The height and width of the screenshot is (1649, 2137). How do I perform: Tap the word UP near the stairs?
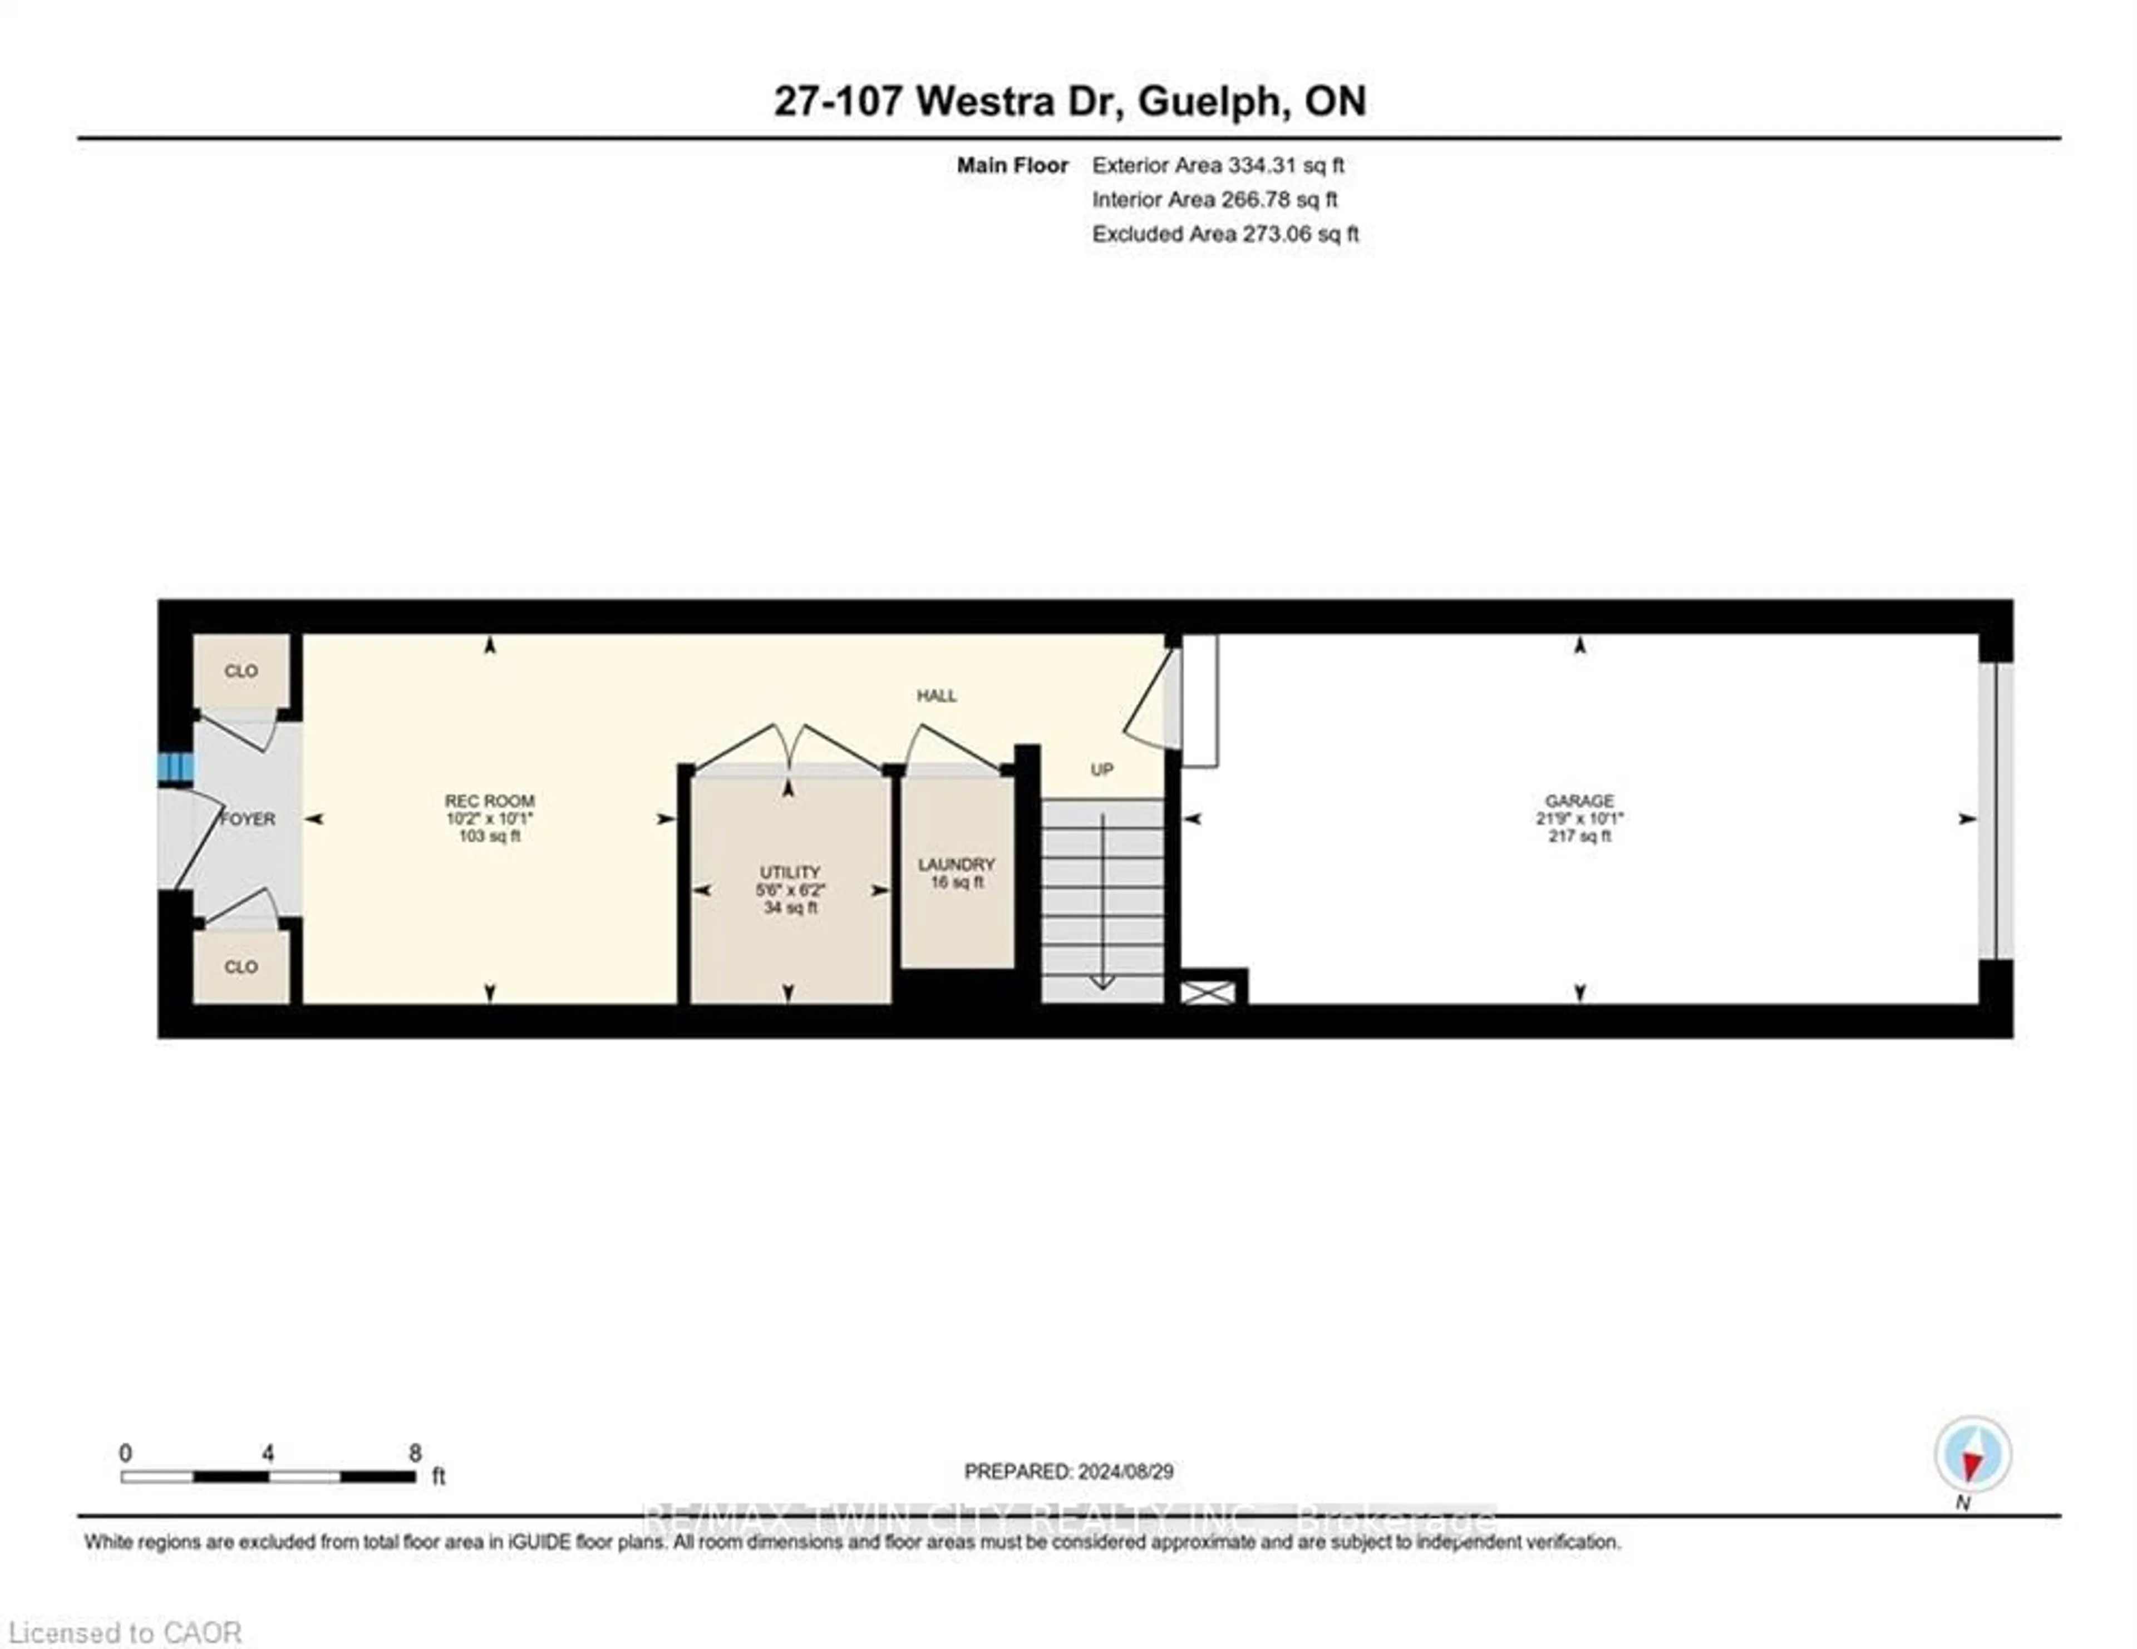pyautogui.click(x=1102, y=770)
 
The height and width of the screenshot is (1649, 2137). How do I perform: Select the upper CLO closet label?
pyautogui.click(x=241, y=671)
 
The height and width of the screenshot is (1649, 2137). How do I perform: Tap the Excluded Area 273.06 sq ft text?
pyautogui.click(x=1225, y=234)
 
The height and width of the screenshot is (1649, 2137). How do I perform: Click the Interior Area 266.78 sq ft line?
pyautogui.click(x=1214, y=200)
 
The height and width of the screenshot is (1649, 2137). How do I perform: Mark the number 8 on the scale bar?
pyautogui.click(x=415, y=1453)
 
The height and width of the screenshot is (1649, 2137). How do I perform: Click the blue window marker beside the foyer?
pyautogui.click(x=176, y=768)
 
